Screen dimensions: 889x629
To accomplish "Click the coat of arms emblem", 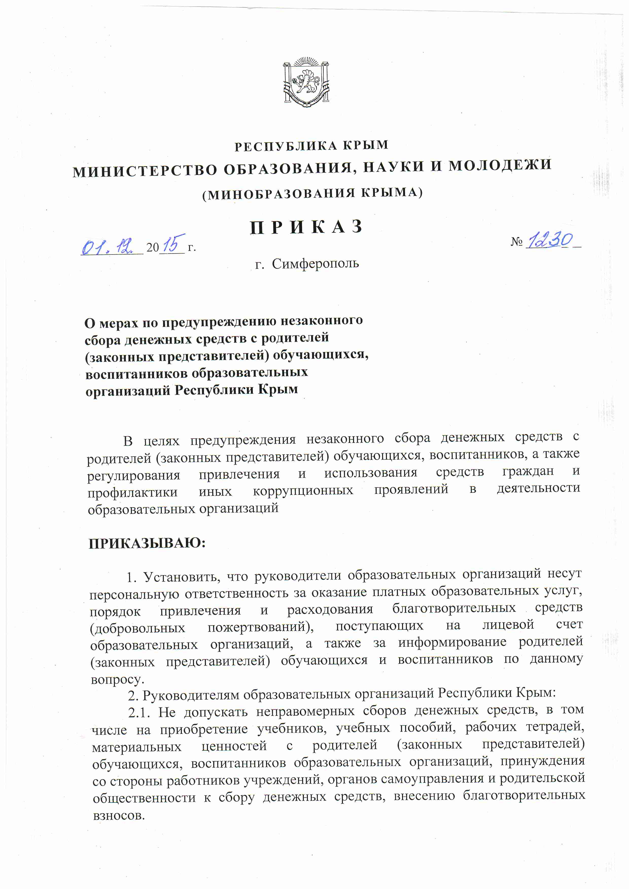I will pyautogui.click(x=306, y=82).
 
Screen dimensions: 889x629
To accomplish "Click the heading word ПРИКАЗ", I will pyautogui.click(x=306, y=227).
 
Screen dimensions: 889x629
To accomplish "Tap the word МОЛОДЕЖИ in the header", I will pyautogui.click(x=500, y=165).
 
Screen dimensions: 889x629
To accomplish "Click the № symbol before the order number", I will pyautogui.click(x=517, y=242).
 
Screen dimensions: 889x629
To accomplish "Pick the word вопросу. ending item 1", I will pyautogui.click(x=117, y=680).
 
